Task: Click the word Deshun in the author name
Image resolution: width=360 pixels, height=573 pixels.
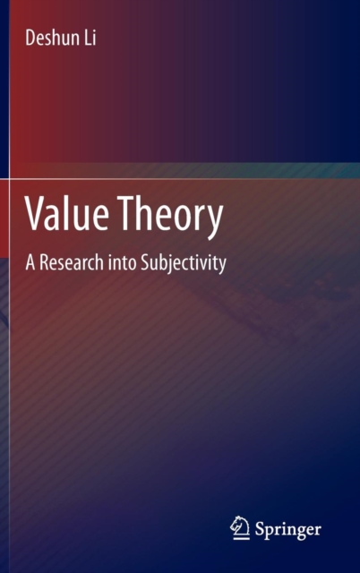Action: click(51, 38)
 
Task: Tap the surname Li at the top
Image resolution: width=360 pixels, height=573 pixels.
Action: click(90, 38)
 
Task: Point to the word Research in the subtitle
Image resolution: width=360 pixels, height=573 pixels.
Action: click(72, 262)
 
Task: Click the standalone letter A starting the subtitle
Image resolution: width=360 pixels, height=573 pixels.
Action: click(30, 262)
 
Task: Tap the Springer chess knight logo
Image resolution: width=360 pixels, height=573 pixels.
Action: click(240, 527)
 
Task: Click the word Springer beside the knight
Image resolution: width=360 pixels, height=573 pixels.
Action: click(288, 529)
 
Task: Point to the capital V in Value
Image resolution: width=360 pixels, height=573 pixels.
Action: click(36, 213)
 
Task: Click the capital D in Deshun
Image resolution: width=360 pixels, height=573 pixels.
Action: click(30, 38)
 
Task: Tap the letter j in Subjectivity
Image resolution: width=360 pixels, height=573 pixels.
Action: click(167, 265)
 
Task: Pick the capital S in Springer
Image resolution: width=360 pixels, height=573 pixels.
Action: click(260, 528)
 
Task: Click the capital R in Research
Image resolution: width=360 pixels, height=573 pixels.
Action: click(44, 262)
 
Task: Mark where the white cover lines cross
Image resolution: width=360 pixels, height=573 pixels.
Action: click(10, 179)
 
